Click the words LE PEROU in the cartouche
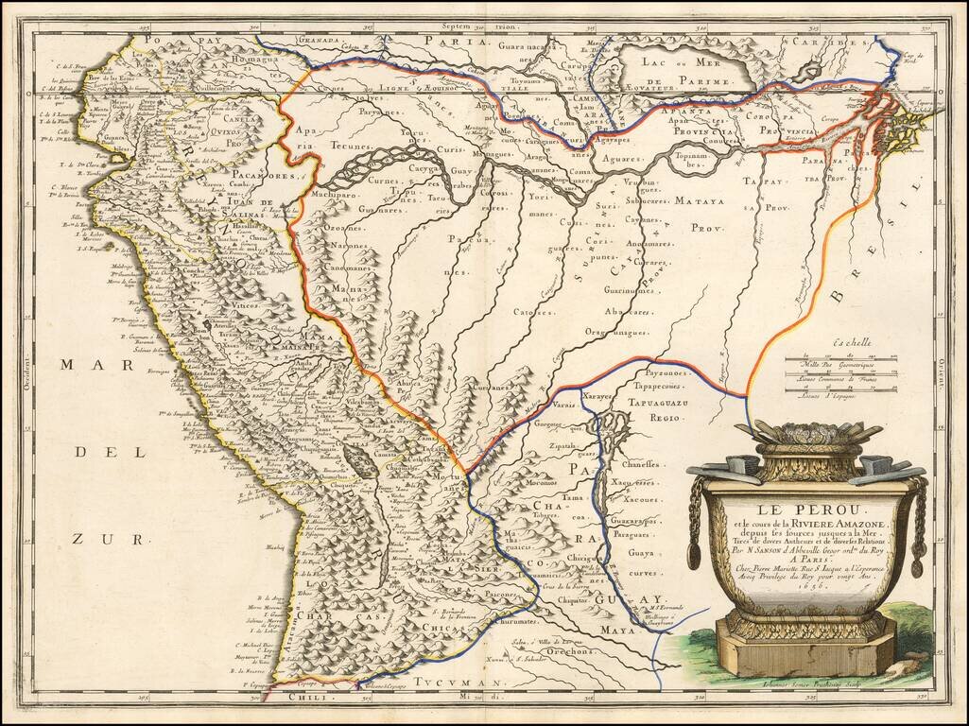805,510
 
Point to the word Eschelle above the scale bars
846,345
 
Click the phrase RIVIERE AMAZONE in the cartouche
839,525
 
